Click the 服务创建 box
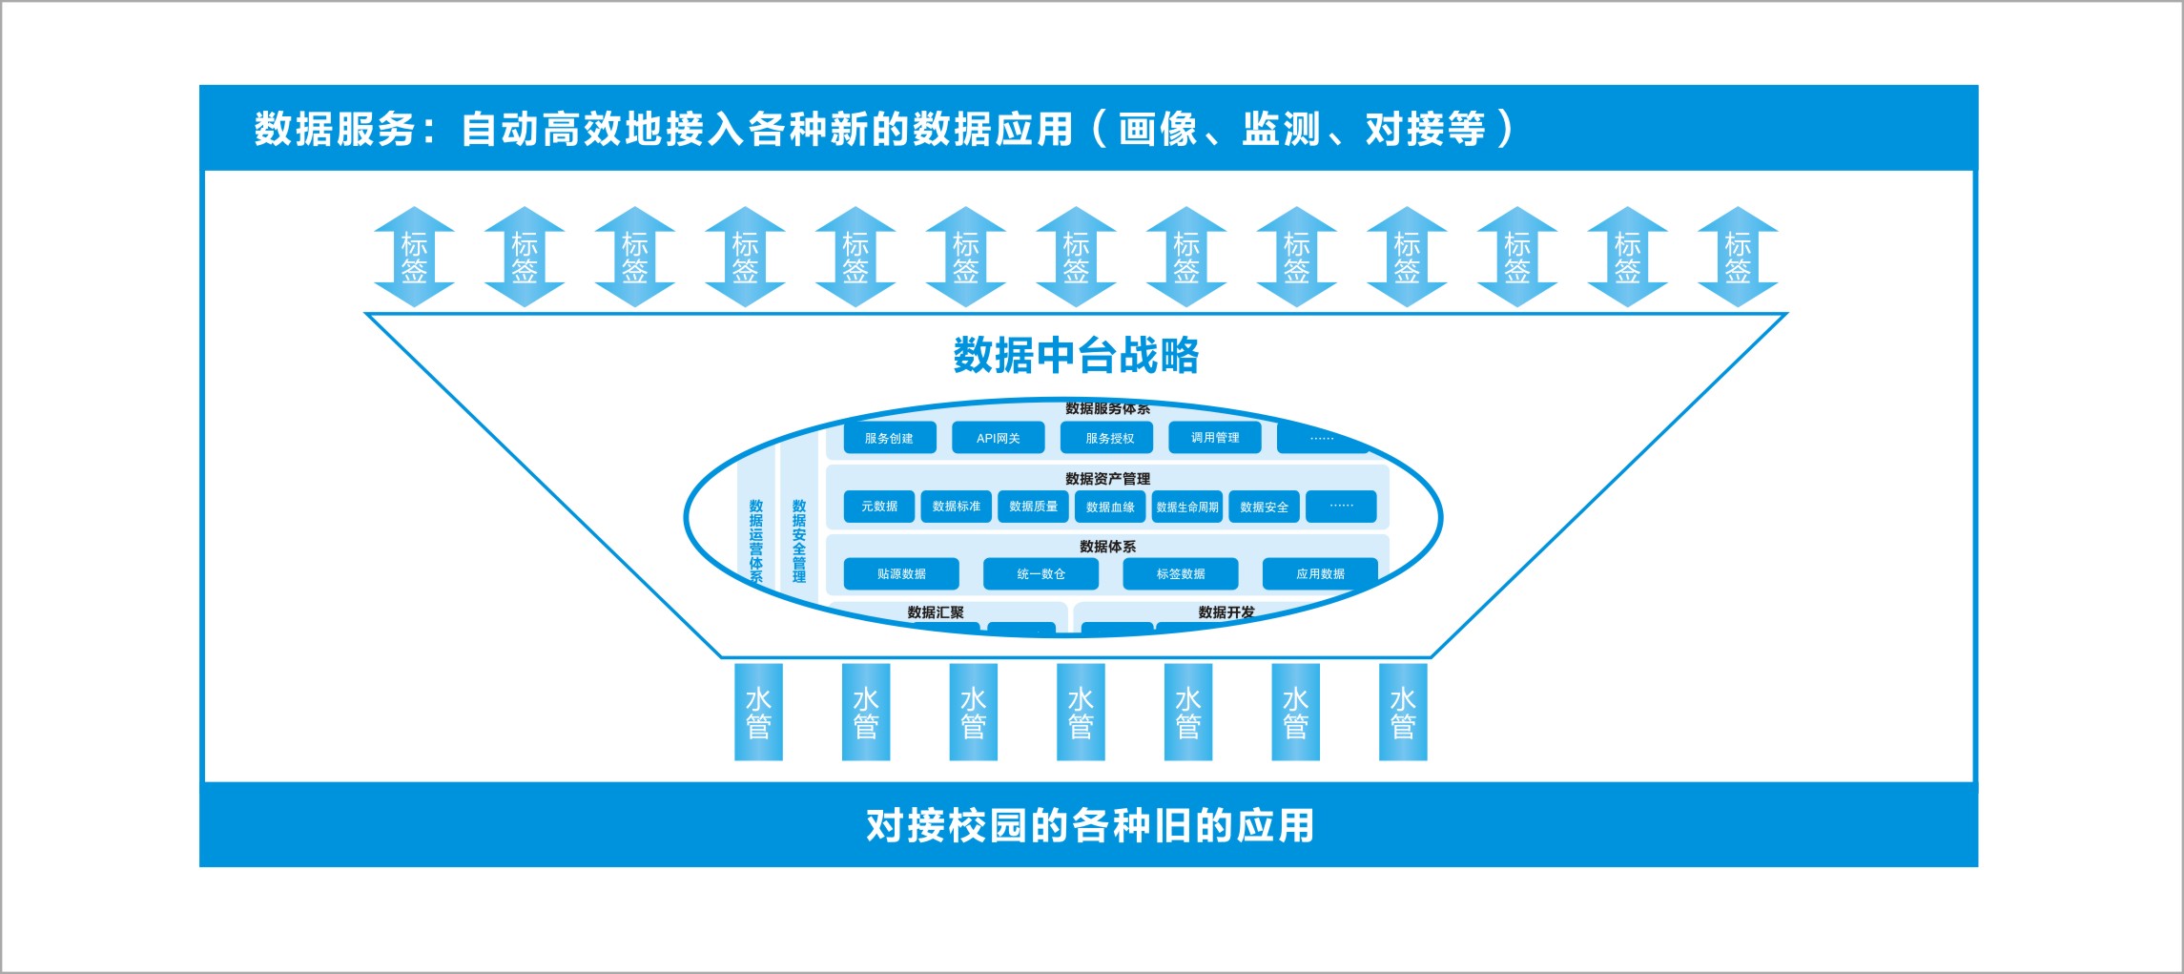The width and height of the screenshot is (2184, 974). (889, 438)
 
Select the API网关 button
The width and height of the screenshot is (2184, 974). (998, 438)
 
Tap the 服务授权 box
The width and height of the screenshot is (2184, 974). (1109, 438)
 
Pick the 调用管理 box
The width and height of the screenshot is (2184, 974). (1215, 438)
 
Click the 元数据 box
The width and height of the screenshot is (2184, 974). (879, 507)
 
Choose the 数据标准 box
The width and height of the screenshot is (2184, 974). (957, 507)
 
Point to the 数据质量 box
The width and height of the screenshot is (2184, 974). (1033, 507)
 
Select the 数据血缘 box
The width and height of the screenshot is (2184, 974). (1110, 507)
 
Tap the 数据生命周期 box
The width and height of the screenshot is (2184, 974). (1187, 507)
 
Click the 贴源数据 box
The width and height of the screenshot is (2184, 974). (901, 574)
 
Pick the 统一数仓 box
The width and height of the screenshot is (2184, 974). (1040, 574)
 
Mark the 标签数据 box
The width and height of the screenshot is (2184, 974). (1181, 574)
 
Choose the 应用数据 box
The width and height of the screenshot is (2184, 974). (1320, 574)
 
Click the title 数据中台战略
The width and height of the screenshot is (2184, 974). (1076, 356)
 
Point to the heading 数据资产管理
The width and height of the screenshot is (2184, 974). (1107, 479)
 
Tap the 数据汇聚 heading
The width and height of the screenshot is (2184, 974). (936, 612)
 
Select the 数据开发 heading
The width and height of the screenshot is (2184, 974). (1226, 612)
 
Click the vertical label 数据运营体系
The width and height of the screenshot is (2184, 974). (756, 540)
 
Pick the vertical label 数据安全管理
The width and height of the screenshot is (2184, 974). (799, 540)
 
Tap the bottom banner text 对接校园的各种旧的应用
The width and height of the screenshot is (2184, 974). (1089, 826)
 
